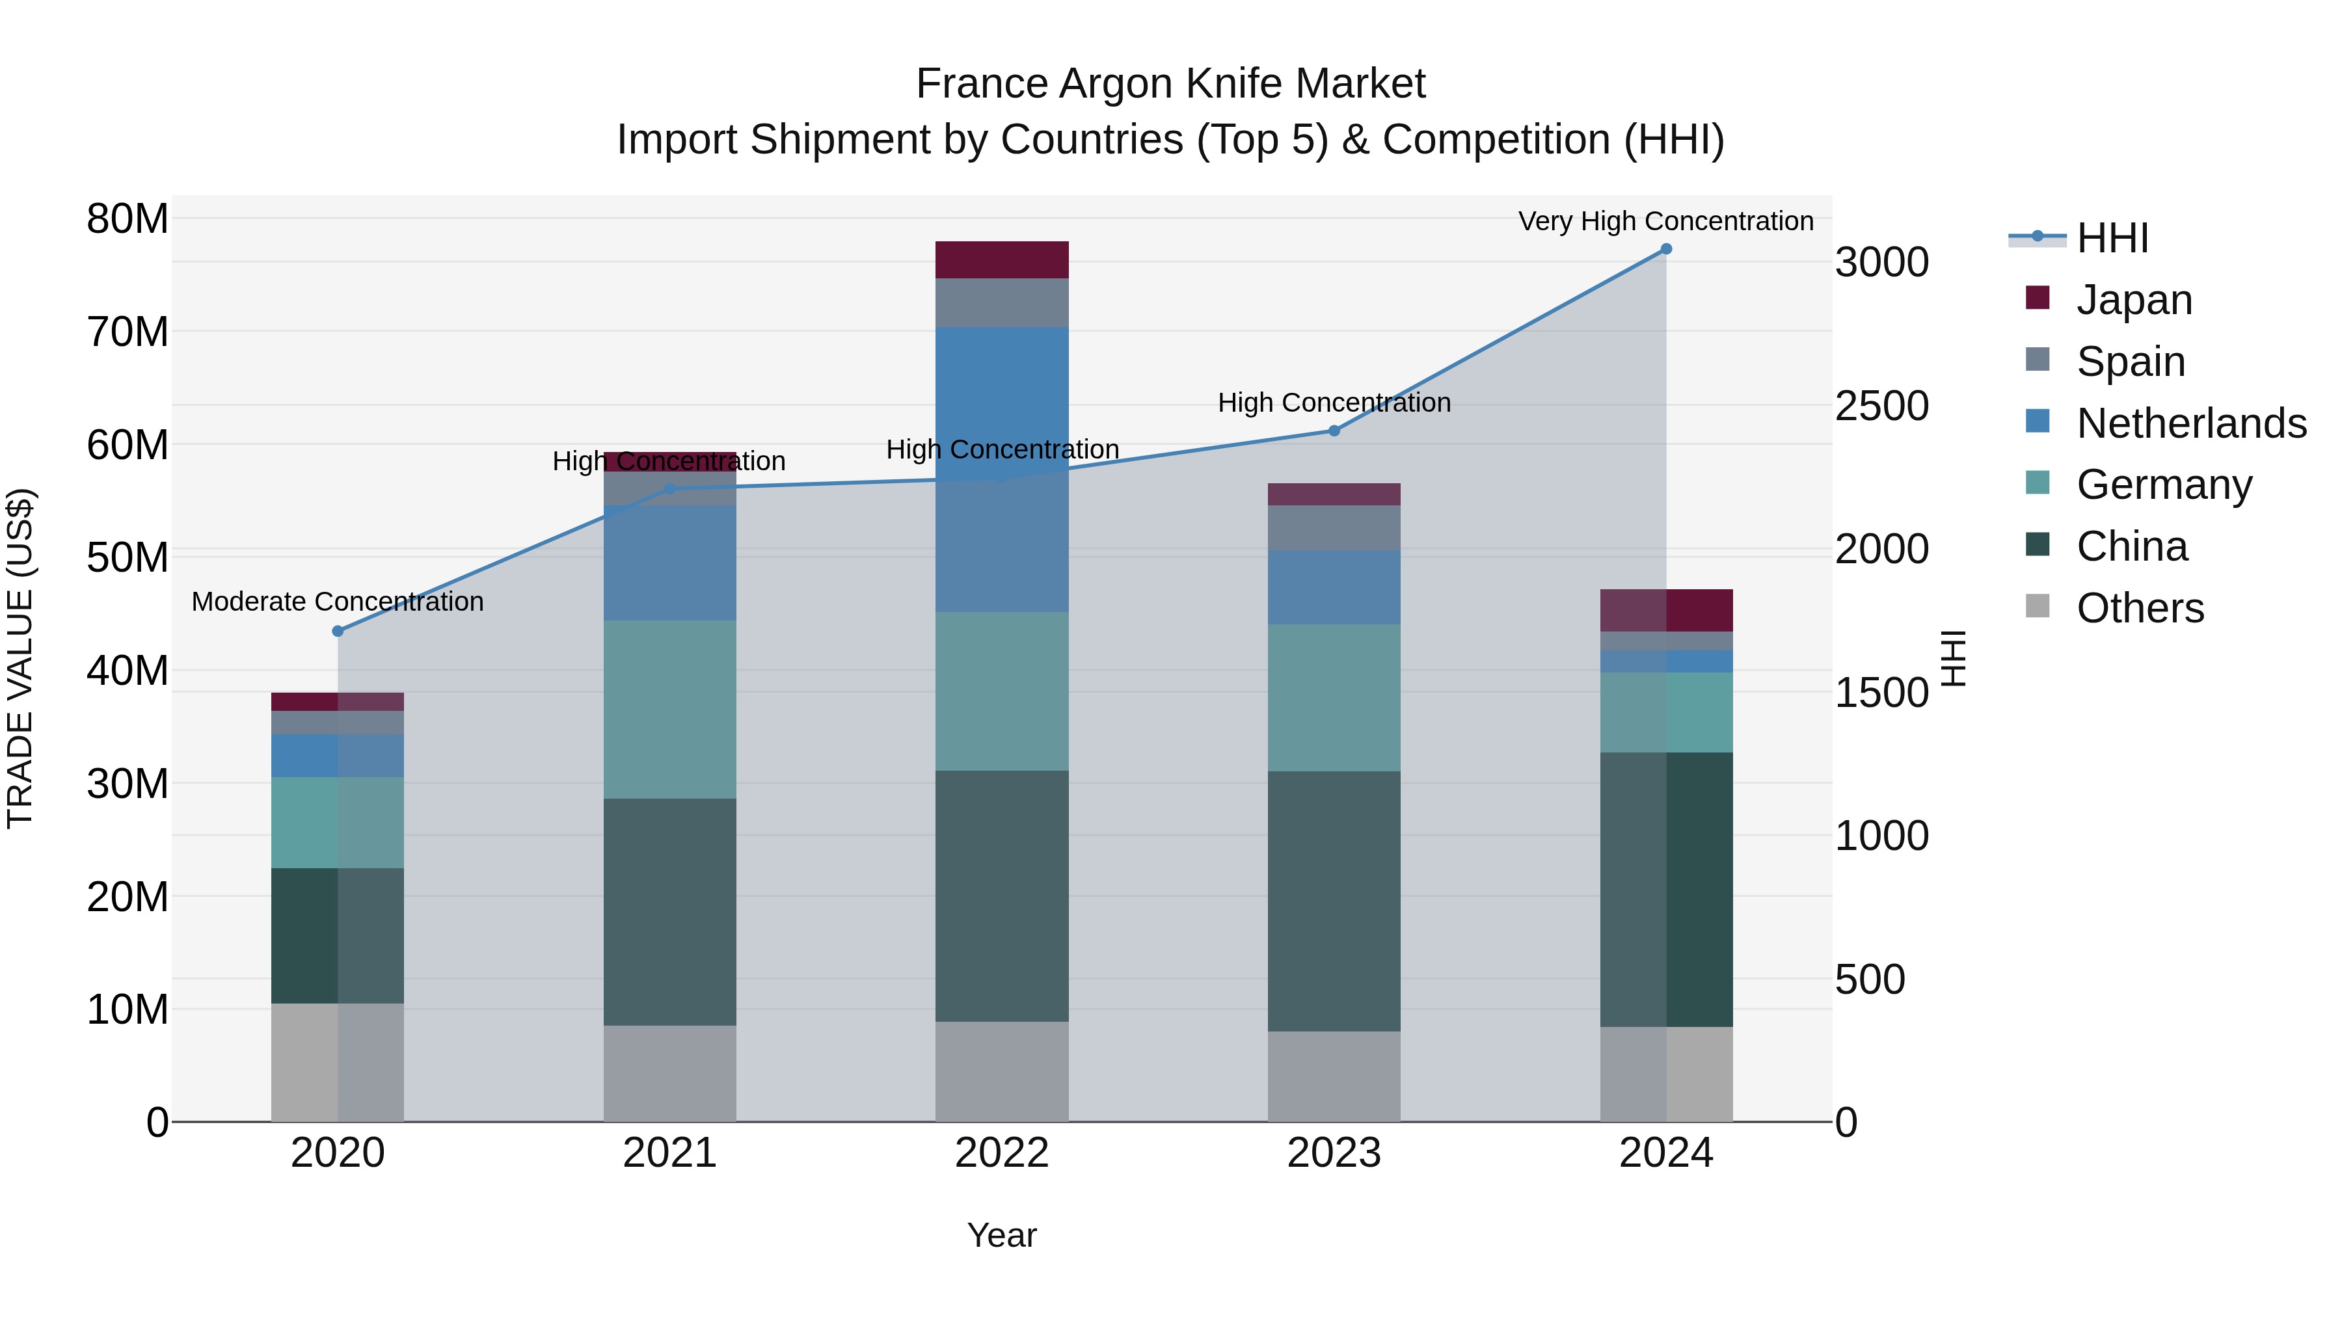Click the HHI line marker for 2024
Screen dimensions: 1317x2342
point(1665,249)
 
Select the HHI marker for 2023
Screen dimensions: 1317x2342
point(1334,431)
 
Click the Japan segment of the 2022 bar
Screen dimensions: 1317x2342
point(1002,260)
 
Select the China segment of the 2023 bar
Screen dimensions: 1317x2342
point(1334,901)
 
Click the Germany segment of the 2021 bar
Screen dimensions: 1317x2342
point(670,709)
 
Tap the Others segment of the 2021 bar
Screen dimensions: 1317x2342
point(670,1073)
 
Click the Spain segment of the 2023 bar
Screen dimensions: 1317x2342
point(1334,527)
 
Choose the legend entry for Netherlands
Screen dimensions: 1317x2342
point(2191,423)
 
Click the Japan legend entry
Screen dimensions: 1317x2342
point(2134,300)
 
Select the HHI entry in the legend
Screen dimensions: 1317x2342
point(2112,238)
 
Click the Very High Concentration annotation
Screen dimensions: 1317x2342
point(1665,221)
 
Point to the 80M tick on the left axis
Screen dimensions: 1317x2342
point(128,219)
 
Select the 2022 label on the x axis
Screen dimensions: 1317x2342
point(1002,1153)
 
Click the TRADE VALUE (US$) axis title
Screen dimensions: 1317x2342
point(20,658)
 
